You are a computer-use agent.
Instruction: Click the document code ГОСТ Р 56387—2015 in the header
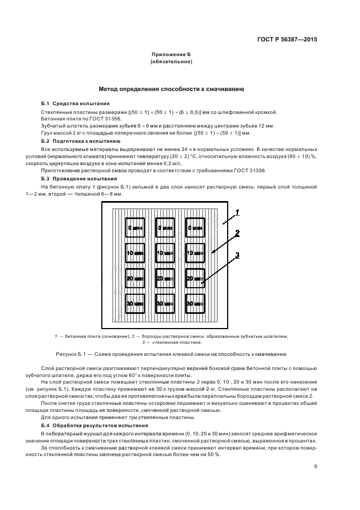(x=287, y=39)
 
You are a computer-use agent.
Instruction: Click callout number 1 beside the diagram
(x=237, y=211)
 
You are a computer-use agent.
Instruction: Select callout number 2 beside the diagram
(x=237, y=233)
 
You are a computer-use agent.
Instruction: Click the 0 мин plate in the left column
(x=135, y=228)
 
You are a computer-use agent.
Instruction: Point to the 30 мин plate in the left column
(x=135, y=303)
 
